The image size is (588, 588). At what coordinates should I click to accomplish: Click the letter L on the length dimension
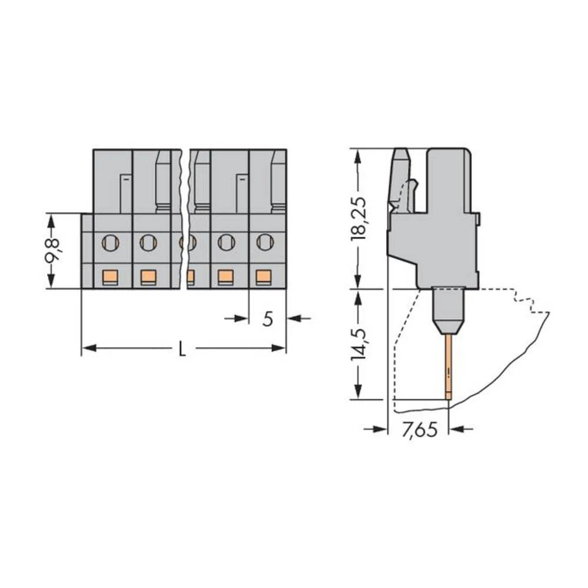coord(182,350)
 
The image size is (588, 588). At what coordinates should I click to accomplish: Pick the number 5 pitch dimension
coord(268,319)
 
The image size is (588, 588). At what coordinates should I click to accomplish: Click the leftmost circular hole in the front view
coord(109,241)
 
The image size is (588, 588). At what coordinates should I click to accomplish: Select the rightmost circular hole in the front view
coord(265,241)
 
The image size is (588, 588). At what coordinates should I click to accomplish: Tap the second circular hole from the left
coord(148,241)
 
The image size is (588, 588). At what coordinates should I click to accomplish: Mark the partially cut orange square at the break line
coord(191,276)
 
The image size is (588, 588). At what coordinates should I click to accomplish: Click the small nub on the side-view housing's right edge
coord(479,219)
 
